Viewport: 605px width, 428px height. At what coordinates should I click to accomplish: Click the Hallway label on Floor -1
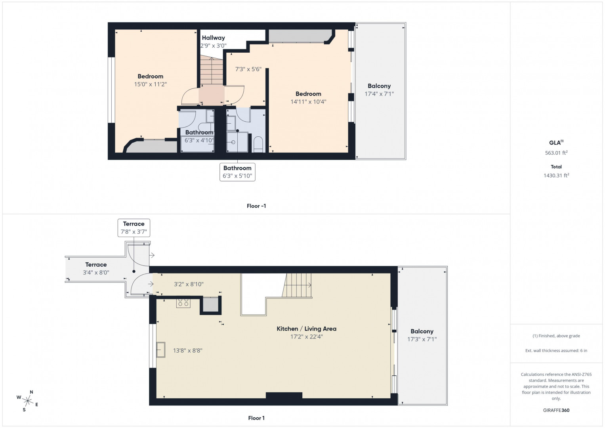click(213, 38)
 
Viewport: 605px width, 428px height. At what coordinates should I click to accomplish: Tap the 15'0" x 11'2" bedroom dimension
click(151, 84)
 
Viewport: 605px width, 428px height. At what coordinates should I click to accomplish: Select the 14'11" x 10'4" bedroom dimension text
click(308, 102)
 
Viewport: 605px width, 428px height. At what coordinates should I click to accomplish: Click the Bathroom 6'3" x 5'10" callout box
click(237, 172)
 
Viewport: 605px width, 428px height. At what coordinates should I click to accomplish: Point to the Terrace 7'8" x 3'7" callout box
click(134, 228)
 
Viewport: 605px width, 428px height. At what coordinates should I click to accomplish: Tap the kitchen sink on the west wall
click(161, 350)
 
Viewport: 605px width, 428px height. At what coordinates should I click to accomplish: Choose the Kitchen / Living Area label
click(307, 329)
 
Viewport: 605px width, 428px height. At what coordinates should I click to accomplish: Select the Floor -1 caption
click(256, 206)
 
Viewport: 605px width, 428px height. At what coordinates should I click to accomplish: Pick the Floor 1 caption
click(256, 418)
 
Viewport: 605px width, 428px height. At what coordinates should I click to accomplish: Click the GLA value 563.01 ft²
click(556, 153)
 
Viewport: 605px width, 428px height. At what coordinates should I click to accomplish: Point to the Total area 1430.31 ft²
click(556, 175)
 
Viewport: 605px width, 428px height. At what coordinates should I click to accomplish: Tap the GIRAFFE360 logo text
click(556, 410)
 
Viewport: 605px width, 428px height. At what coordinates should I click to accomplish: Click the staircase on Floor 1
click(297, 285)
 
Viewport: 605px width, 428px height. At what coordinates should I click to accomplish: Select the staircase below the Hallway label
click(212, 71)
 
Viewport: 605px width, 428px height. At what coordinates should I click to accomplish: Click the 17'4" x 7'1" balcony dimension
click(379, 94)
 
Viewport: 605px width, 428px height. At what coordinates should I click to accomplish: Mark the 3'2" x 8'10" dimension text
click(189, 284)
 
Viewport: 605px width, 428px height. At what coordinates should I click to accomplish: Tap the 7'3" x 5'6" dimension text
click(248, 69)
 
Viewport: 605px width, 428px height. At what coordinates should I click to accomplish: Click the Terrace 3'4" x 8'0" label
click(96, 269)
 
